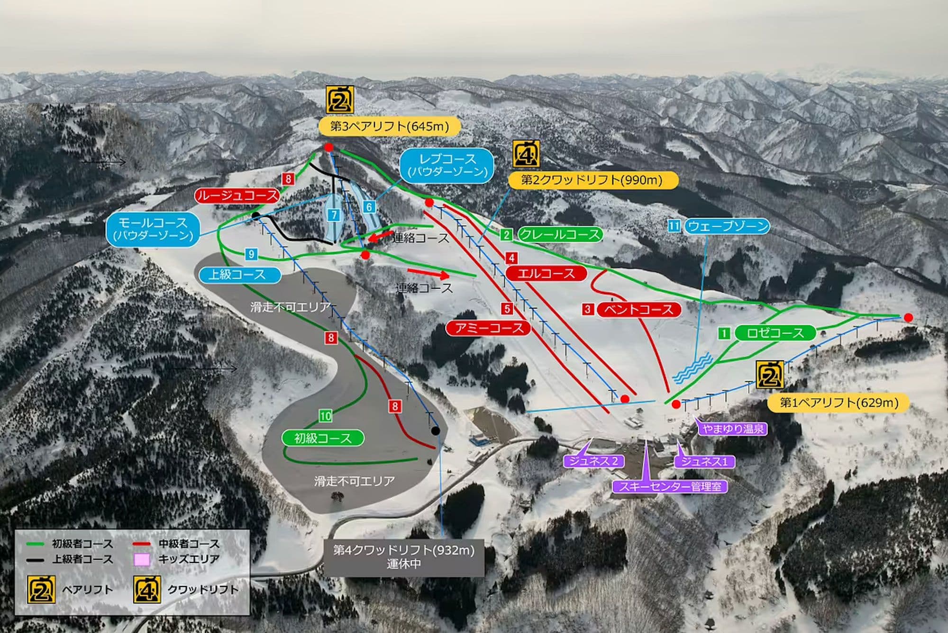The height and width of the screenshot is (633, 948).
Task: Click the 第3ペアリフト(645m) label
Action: (389, 126)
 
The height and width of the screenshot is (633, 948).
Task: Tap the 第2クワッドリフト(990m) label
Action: (592, 180)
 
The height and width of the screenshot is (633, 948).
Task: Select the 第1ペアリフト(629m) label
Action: (839, 403)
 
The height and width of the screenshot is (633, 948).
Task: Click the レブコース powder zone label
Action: (447, 165)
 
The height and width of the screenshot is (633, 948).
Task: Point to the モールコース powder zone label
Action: (153, 229)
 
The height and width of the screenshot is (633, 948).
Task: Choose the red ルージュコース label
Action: (237, 195)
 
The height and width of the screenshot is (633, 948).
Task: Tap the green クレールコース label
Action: (560, 234)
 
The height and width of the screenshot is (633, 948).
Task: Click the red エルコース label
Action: (546, 273)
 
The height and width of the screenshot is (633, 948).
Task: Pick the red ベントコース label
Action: (638, 310)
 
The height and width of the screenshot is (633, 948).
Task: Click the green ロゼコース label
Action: (775, 333)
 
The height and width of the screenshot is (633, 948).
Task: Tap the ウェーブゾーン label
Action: (727, 226)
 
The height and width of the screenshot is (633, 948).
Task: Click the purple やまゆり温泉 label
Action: (733, 429)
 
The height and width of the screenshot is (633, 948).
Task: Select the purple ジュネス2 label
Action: (594, 461)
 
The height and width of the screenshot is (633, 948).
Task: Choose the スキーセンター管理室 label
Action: (670, 486)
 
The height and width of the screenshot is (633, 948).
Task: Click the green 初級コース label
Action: (322, 438)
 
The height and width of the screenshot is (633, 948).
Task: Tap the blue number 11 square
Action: (674, 226)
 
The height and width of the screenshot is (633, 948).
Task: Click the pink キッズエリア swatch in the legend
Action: (142, 560)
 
